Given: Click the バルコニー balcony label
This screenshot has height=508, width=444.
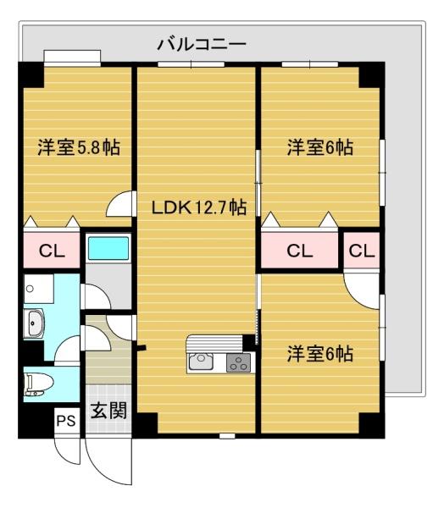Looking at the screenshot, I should (202, 43).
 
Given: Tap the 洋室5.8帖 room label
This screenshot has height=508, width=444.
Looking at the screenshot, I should (78, 147).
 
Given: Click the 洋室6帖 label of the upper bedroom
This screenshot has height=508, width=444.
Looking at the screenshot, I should (319, 147).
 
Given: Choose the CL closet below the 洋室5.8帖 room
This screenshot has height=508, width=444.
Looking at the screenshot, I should (51, 251).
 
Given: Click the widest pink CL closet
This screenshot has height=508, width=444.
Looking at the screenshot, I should (299, 251).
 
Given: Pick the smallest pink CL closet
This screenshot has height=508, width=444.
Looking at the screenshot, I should (361, 251).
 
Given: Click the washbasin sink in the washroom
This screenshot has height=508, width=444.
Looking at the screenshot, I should (36, 323).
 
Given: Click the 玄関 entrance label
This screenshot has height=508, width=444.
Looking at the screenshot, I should (108, 412).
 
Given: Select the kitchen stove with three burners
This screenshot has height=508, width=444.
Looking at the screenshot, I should (238, 364).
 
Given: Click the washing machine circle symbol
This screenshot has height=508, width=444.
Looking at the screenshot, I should (31, 289).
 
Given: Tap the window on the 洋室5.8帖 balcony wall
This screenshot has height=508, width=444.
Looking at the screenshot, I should (72, 57).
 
